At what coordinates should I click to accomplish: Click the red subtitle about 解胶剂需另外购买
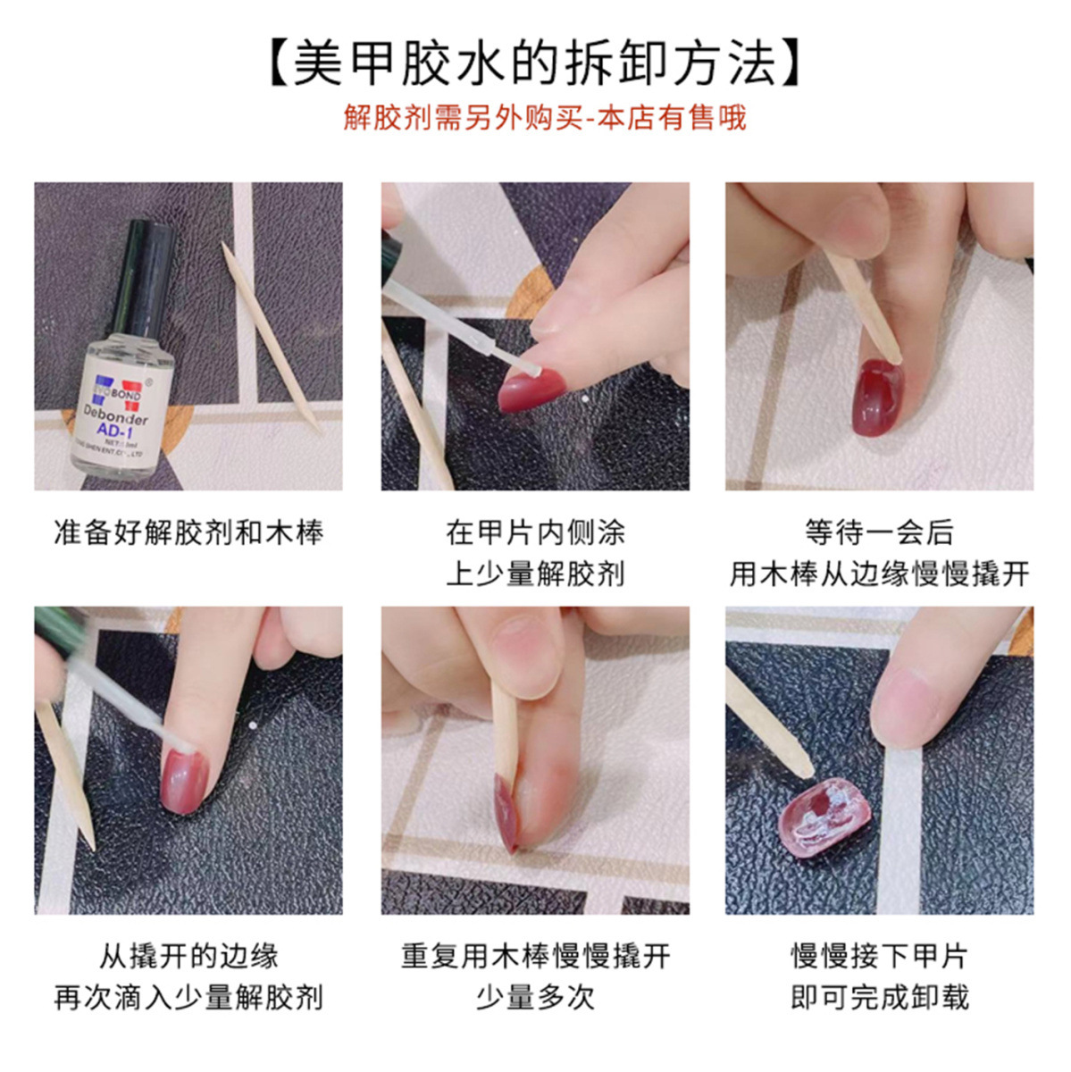coord(544,117)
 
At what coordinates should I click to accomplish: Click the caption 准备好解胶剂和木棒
coord(188,533)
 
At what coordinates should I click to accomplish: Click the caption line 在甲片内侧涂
coord(535,533)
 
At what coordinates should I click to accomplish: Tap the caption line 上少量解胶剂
coord(535,574)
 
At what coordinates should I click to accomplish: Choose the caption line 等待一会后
coord(879,533)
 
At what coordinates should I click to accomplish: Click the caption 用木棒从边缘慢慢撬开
coord(879,574)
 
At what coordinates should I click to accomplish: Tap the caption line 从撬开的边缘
coord(188,956)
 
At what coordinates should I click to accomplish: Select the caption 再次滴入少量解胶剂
coord(188,997)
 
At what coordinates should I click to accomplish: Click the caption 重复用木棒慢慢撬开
coord(535,956)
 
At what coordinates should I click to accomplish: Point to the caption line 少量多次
coord(535,997)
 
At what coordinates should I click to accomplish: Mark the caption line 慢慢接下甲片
coord(879,956)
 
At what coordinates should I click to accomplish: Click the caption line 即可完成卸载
coord(879,997)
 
